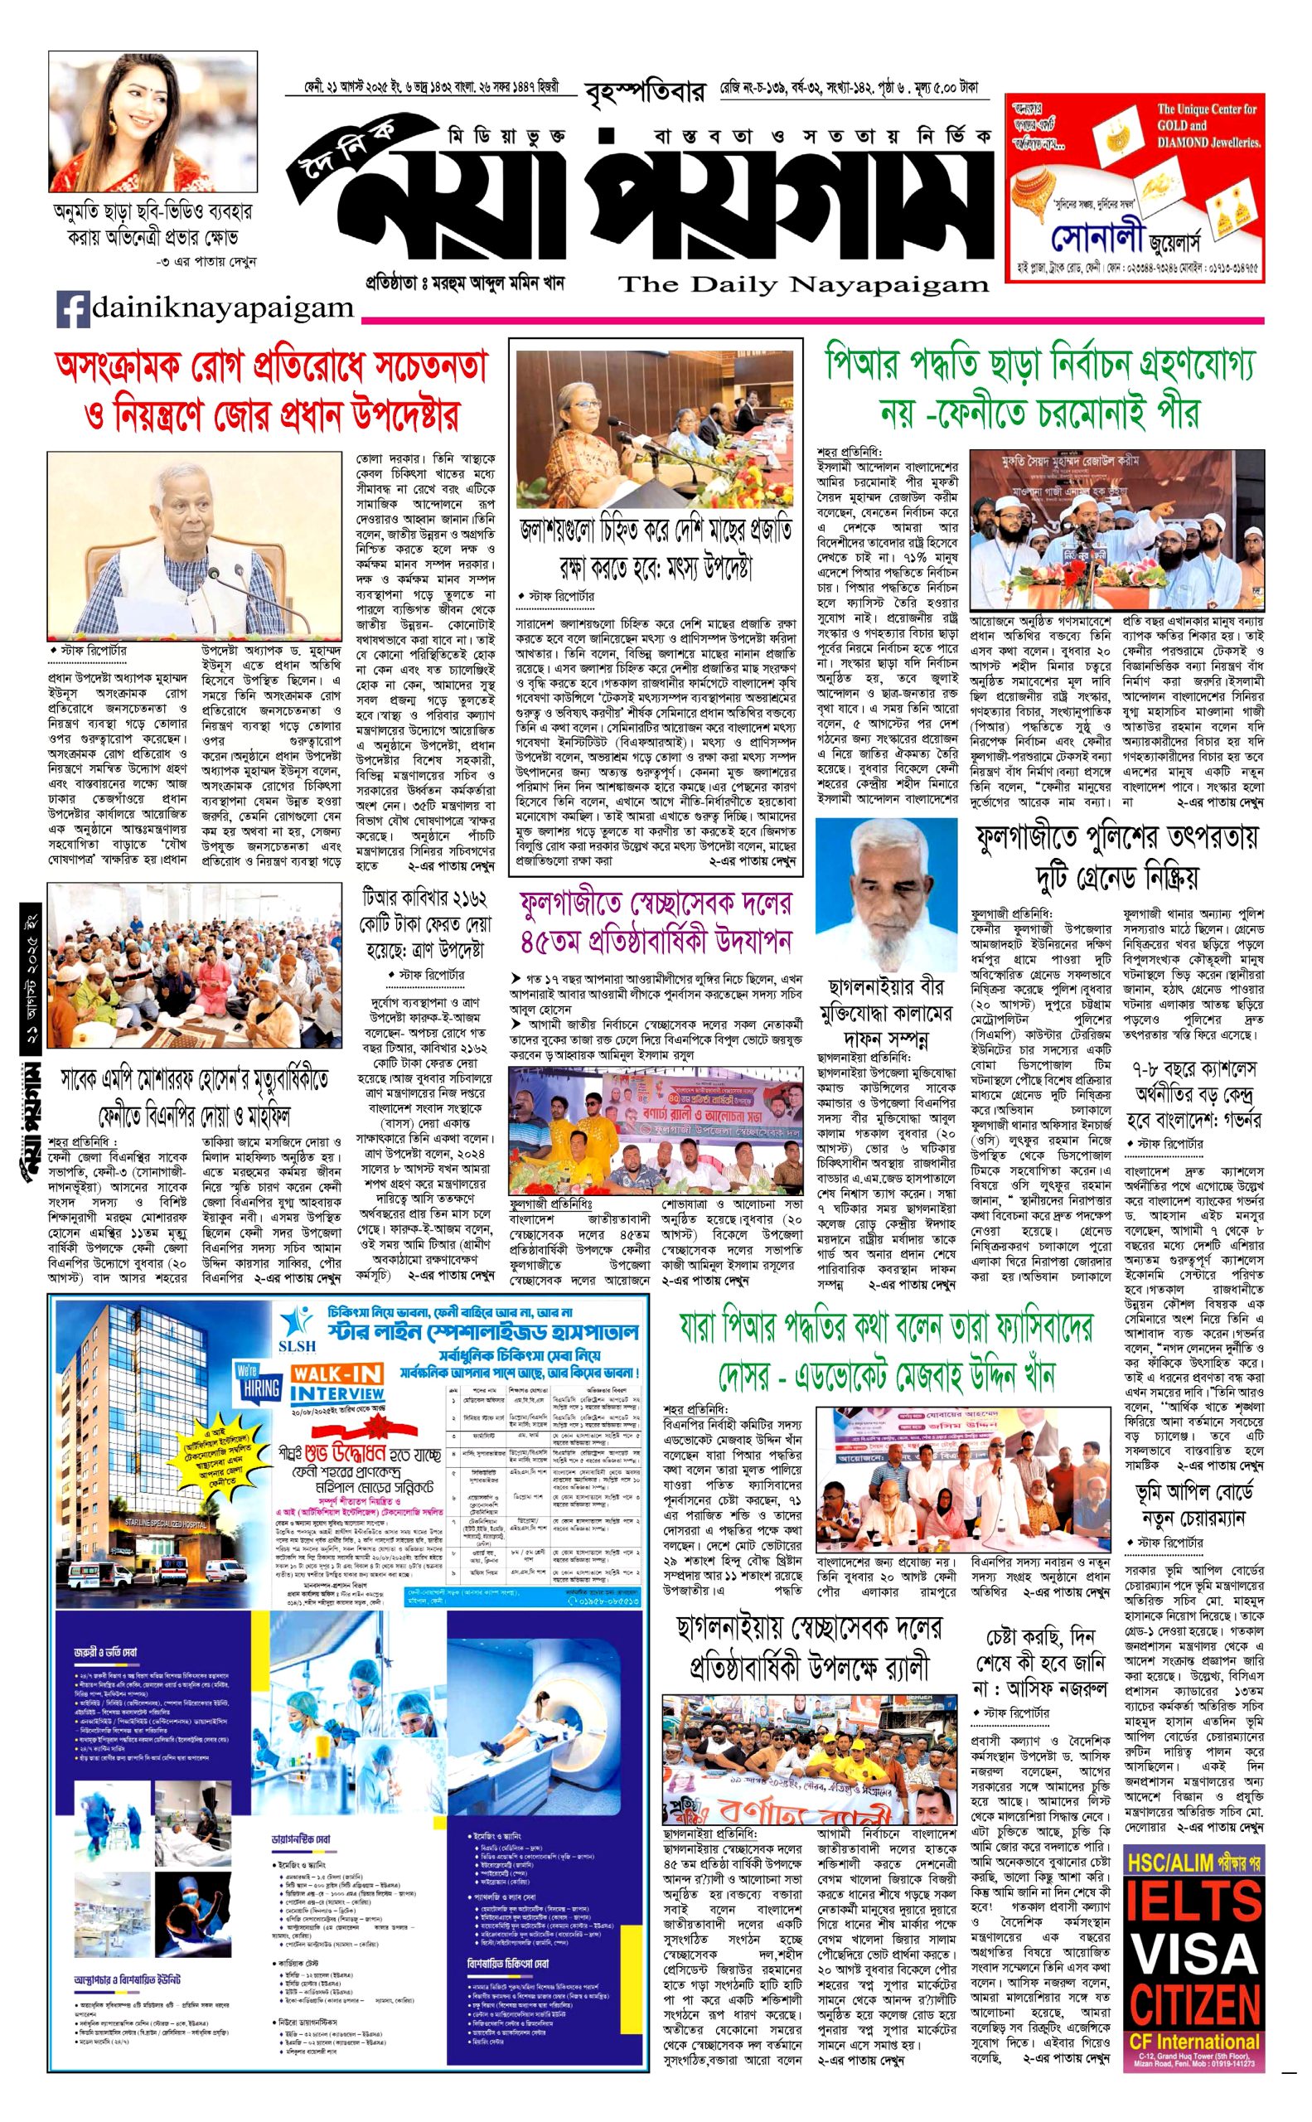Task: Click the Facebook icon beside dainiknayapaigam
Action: (73, 309)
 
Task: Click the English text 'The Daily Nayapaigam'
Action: (802, 283)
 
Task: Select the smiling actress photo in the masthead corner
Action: (153, 122)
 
